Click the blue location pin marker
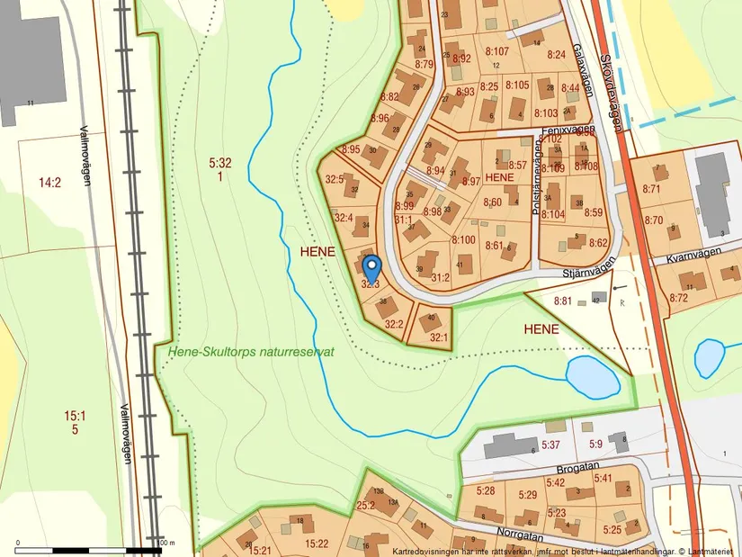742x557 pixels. (371, 267)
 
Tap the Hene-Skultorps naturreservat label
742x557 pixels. (251, 353)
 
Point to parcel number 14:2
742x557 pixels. (49, 183)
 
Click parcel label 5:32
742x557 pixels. (220, 164)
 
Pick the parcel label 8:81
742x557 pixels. (563, 301)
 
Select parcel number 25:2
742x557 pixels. (365, 505)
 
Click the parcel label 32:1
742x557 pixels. (438, 337)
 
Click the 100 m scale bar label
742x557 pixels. (165, 544)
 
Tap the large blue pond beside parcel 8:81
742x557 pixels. (592, 375)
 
